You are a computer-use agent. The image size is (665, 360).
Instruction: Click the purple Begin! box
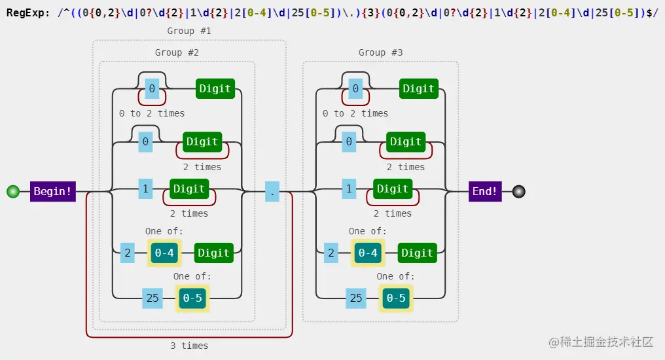tap(53, 192)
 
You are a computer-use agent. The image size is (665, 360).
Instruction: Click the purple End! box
tap(485, 192)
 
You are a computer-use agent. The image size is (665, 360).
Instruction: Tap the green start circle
tap(12, 192)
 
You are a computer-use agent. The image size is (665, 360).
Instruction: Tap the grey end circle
tap(519, 192)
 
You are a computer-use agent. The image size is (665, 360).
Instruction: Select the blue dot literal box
tap(272, 192)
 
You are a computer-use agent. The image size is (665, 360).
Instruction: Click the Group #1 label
tap(189, 31)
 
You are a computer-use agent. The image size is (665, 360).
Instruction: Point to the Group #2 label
tap(177, 52)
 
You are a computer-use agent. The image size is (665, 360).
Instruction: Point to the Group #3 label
tap(380, 52)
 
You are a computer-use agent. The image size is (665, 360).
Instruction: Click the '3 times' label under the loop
tap(189, 346)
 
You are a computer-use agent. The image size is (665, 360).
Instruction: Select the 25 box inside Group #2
tap(153, 298)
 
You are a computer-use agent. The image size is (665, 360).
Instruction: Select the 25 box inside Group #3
tap(356, 298)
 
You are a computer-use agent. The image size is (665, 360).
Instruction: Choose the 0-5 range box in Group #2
tap(192, 298)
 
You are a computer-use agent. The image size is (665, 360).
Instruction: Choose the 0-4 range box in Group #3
tap(368, 253)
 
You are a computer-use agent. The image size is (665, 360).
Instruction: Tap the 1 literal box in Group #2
tap(145, 189)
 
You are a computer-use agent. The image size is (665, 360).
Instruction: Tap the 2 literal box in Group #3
tap(331, 253)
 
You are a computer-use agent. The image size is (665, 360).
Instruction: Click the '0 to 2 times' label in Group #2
tap(152, 113)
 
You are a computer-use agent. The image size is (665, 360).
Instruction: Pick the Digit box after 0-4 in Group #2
tap(214, 253)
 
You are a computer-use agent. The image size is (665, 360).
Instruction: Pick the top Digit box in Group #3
tap(419, 88)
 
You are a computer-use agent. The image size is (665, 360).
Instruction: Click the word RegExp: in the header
tap(28, 11)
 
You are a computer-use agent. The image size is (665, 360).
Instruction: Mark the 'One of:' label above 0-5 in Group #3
tap(395, 276)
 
